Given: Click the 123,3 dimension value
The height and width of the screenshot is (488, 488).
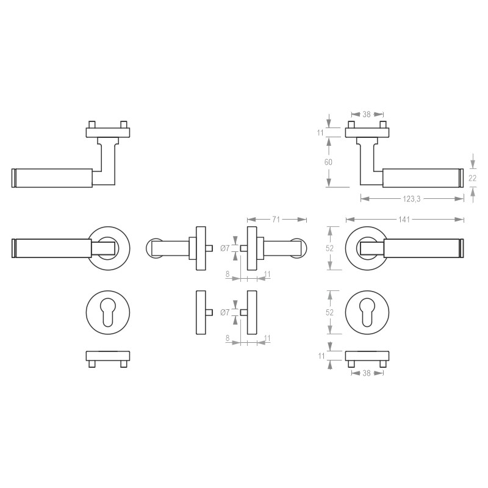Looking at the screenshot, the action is [411, 199].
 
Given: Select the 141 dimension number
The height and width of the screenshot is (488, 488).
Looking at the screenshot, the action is [404, 220].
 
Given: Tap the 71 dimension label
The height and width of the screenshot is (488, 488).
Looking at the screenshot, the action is [276, 220].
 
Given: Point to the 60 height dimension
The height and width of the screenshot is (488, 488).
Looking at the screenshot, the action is [328, 162].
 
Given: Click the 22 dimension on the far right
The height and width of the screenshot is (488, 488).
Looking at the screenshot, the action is [472, 178].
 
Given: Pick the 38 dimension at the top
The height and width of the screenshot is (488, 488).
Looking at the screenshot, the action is [367, 115].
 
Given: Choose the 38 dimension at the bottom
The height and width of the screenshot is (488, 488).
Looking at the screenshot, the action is [367, 373].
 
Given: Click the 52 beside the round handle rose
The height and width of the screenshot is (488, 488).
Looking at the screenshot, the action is [329, 248].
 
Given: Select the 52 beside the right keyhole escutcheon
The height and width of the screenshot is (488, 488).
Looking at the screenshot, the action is [329, 312].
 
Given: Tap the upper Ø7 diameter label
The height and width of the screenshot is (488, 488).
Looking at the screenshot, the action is [224, 248].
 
